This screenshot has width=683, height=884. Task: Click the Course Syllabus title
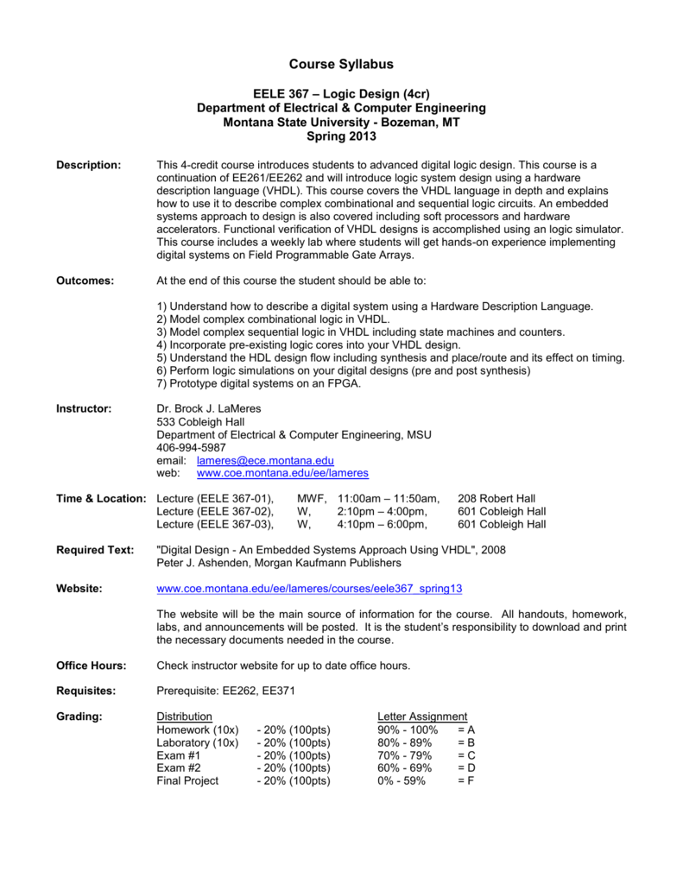(x=341, y=65)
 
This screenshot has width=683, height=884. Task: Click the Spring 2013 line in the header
(x=341, y=136)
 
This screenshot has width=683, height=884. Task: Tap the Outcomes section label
(x=85, y=281)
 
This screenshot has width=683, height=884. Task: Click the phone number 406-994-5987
(x=191, y=447)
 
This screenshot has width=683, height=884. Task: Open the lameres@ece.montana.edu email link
(x=265, y=461)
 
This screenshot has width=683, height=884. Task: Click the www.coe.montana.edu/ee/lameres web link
(x=282, y=474)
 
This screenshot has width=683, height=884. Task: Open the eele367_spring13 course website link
(x=309, y=589)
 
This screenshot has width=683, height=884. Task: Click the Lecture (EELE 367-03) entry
(x=215, y=524)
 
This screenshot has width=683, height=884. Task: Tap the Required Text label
(x=95, y=549)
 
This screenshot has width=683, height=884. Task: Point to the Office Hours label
(x=92, y=666)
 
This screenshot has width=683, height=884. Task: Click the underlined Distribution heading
(x=184, y=717)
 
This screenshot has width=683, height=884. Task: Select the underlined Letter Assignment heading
(x=422, y=717)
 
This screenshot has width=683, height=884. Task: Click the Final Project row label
(x=187, y=780)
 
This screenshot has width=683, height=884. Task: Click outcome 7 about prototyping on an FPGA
(x=259, y=383)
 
